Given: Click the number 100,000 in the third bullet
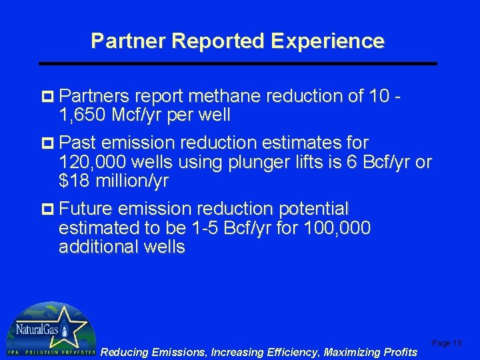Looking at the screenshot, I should pos(336,228).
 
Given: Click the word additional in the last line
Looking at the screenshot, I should pos(100,247).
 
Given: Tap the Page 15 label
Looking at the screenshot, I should pos(447,343).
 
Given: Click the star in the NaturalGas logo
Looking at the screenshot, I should pos(65,329).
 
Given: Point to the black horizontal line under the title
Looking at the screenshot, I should pos(238,63).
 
